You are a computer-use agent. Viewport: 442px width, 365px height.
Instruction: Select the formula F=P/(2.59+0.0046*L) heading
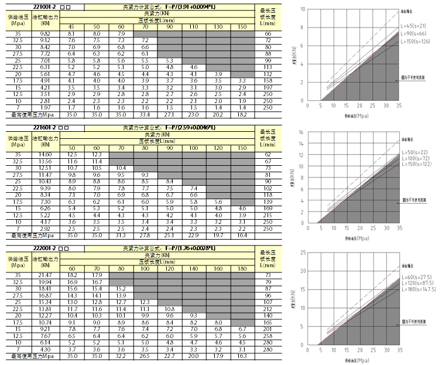(169, 128)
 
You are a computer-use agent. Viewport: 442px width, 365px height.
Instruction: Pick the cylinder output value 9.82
(44, 34)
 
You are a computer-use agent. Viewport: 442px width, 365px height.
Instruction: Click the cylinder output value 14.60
(44, 154)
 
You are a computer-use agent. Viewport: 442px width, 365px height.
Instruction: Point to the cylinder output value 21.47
(44, 275)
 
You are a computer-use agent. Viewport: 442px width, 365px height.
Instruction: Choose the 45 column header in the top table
(70, 28)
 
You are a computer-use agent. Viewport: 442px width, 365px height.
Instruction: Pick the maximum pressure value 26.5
(145, 356)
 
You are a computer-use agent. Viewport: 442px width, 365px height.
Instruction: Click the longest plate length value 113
(268, 66)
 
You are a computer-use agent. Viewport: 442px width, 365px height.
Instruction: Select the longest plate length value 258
(268, 337)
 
